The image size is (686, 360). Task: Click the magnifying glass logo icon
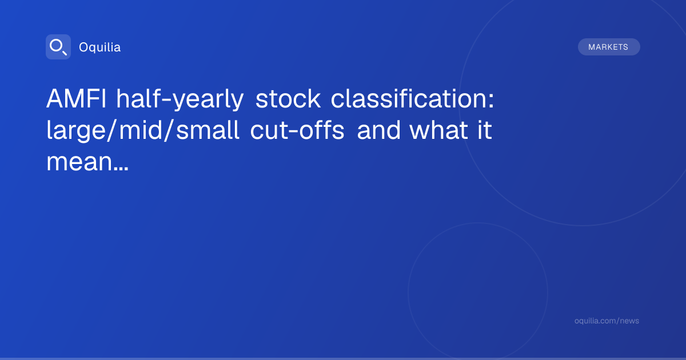(x=58, y=47)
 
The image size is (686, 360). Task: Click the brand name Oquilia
(x=100, y=47)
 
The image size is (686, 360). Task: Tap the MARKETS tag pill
(x=609, y=47)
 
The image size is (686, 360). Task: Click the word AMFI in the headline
(x=76, y=98)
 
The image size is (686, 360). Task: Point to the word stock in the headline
(x=288, y=98)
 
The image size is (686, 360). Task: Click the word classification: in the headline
(x=412, y=98)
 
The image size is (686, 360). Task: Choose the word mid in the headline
(x=140, y=130)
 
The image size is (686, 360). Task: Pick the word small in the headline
(x=208, y=130)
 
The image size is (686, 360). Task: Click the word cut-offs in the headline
(x=297, y=130)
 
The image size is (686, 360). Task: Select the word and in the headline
(x=378, y=130)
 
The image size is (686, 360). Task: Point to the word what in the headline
(x=438, y=130)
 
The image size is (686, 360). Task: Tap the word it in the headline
(x=485, y=130)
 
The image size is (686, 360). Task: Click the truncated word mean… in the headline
(x=87, y=162)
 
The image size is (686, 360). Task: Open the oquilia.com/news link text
(x=607, y=321)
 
